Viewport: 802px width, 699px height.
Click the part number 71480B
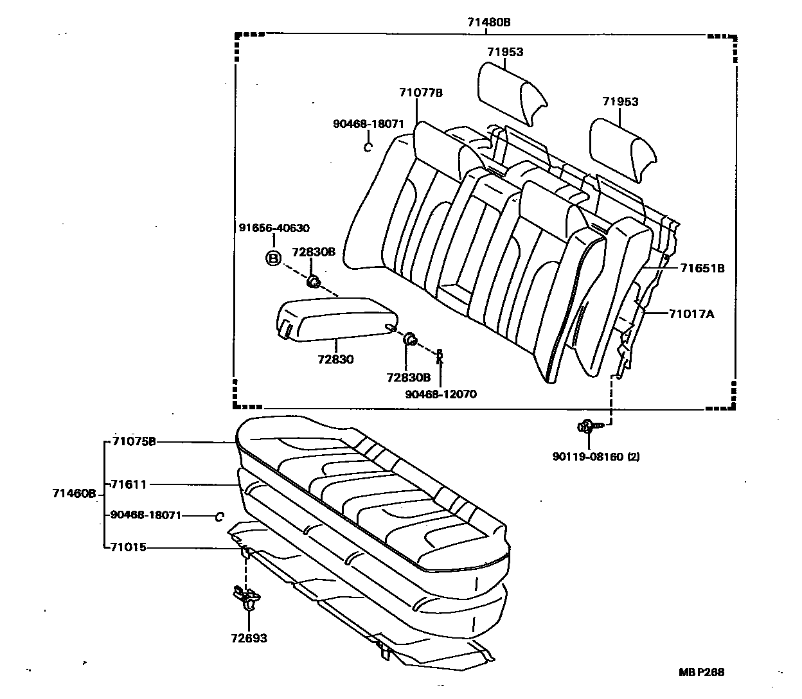click(x=488, y=22)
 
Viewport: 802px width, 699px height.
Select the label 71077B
click(x=420, y=93)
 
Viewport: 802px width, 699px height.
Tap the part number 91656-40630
click(x=274, y=228)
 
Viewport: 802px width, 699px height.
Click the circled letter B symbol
click(x=274, y=259)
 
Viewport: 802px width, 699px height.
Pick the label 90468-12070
click(x=441, y=394)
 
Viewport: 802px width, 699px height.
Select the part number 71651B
click(x=702, y=269)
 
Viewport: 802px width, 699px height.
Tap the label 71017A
click(x=691, y=314)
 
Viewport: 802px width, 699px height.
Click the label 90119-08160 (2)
click(x=596, y=457)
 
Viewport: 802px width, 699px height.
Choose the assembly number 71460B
click(x=74, y=493)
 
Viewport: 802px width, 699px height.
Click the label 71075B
click(x=133, y=441)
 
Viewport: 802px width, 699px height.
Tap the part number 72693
click(x=249, y=638)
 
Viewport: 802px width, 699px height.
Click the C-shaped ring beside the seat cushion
click(x=219, y=516)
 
